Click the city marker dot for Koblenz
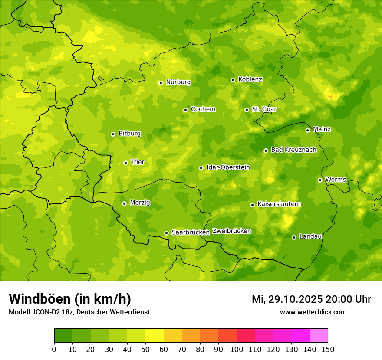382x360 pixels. click(233, 80)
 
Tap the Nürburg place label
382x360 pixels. click(178, 82)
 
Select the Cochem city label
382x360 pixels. click(203, 109)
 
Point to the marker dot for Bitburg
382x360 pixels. click(113, 134)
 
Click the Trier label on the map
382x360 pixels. click(137, 162)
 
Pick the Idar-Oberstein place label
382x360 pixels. click(228, 167)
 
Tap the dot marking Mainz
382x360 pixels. click(307, 130)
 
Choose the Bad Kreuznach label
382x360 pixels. click(293, 150)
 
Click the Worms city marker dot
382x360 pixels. click(320, 180)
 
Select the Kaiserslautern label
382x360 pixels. click(279, 204)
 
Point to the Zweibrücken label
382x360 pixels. click(231, 231)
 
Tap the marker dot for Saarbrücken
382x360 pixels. click(166, 233)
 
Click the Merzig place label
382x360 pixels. click(140, 203)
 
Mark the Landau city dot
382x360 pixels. click(294, 237)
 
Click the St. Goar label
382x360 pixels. click(264, 109)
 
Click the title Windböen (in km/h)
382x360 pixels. click(70, 299)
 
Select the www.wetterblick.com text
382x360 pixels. click(313, 312)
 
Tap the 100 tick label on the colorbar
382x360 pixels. click(237, 349)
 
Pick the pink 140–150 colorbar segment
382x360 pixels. click(319, 336)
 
